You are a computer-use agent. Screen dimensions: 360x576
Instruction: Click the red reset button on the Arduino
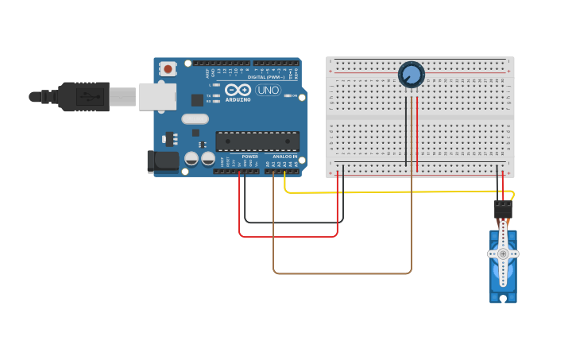(x=168, y=69)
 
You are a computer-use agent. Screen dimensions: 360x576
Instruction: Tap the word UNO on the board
(x=267, y=90)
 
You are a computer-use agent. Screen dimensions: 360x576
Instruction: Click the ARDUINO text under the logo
(x=238, y=100)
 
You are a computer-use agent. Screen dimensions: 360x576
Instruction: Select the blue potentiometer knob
(x=411, y=75)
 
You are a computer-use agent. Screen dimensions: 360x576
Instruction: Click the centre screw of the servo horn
(x=503, y=254)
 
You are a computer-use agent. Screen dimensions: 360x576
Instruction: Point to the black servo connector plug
(x=503, y=210)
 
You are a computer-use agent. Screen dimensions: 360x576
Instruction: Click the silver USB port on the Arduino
(x=157, y=96)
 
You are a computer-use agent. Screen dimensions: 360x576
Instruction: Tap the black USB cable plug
(x=84, y=96)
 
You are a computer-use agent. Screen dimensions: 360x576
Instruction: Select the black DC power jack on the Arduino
(x=163, y=161)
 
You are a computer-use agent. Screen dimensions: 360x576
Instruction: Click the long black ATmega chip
(x=257, y=141)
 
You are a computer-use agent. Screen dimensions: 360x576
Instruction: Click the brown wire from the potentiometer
(x=342, y=273)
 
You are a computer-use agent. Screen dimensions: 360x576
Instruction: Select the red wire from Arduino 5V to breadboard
(x=288, y=236)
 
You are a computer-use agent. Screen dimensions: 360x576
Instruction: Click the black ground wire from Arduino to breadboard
(x=294, y=222)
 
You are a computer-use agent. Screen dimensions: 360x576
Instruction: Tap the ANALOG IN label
(x=284, y=157)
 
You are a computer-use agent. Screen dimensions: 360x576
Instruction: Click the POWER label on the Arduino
(x=249, y=157)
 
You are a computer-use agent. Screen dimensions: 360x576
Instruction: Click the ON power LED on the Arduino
(x=286, y=95)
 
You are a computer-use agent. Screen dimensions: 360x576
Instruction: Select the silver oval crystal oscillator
(x=195, y=119)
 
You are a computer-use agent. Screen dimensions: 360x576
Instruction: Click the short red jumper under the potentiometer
(x=416, y=127)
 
